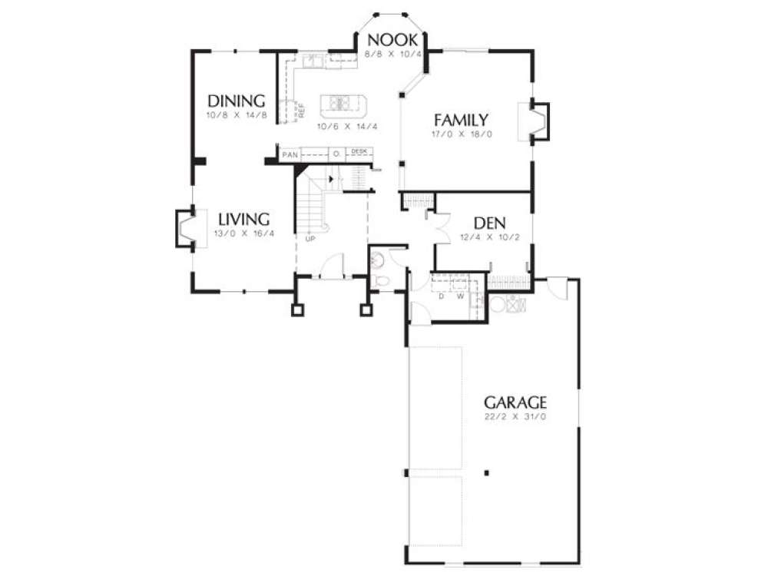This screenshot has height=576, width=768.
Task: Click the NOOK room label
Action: click(392, 40)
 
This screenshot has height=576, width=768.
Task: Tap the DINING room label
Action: click(237, 101)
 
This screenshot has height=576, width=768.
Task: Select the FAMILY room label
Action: click(461, 120)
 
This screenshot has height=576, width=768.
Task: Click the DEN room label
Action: click(488, 223)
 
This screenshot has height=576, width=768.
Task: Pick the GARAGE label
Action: click(515, 402)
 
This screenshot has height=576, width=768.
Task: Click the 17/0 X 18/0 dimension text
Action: click(461, 134)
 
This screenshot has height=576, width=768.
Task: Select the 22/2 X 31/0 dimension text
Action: click(515, 416)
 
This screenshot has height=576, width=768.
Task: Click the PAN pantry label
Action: click(290, 154)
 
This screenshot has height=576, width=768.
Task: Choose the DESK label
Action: click(359, 151)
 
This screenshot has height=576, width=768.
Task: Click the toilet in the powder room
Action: click(378, 280)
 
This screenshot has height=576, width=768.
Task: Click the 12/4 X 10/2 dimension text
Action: click(488, 237)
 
